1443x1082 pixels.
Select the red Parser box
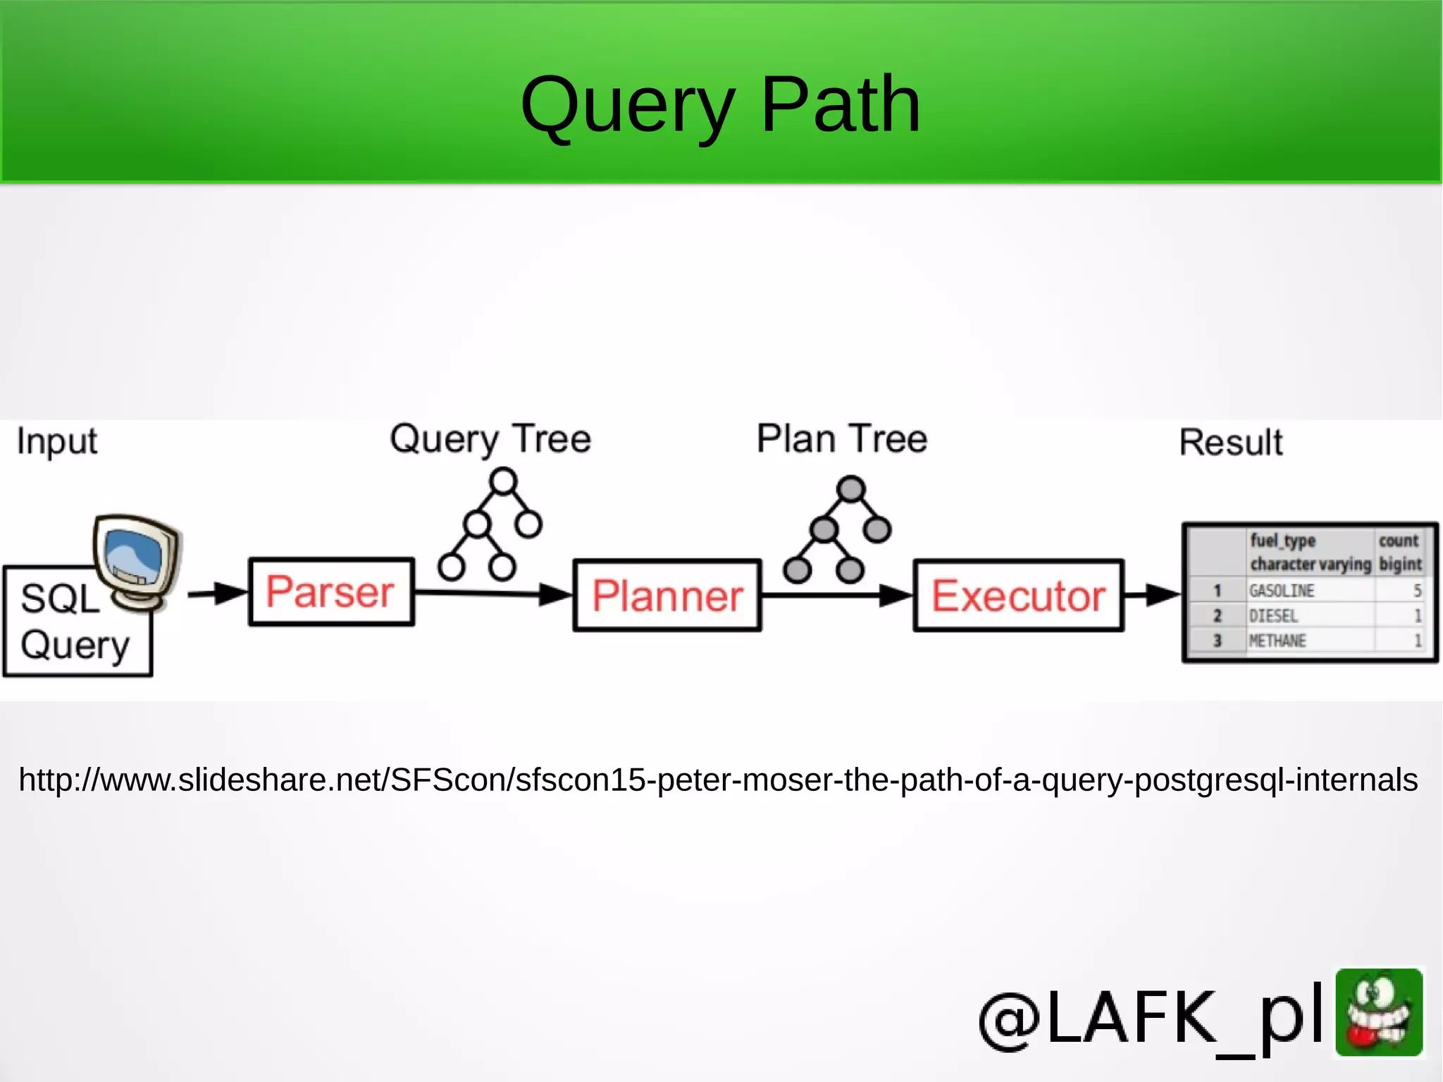point(331,592)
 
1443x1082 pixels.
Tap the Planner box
point(667,596)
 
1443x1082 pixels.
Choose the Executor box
point(1018,596)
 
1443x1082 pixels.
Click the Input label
point(56,442)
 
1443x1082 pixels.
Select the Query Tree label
point(490,439)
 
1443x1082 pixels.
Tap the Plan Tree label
point(842,439)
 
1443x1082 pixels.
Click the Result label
point(1231,443)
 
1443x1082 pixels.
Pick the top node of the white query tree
point(503,482)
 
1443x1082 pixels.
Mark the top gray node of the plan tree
point(851,488)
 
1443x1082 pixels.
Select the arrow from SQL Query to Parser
point(216,594)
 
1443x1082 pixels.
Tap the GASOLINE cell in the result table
point(1282,591)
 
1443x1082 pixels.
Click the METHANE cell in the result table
point(1277,641)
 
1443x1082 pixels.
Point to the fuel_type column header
point(1282,541)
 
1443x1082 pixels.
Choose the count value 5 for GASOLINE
point(1417,591)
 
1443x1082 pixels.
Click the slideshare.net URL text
point(718,780)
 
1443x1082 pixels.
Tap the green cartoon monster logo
point(1379,1012)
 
